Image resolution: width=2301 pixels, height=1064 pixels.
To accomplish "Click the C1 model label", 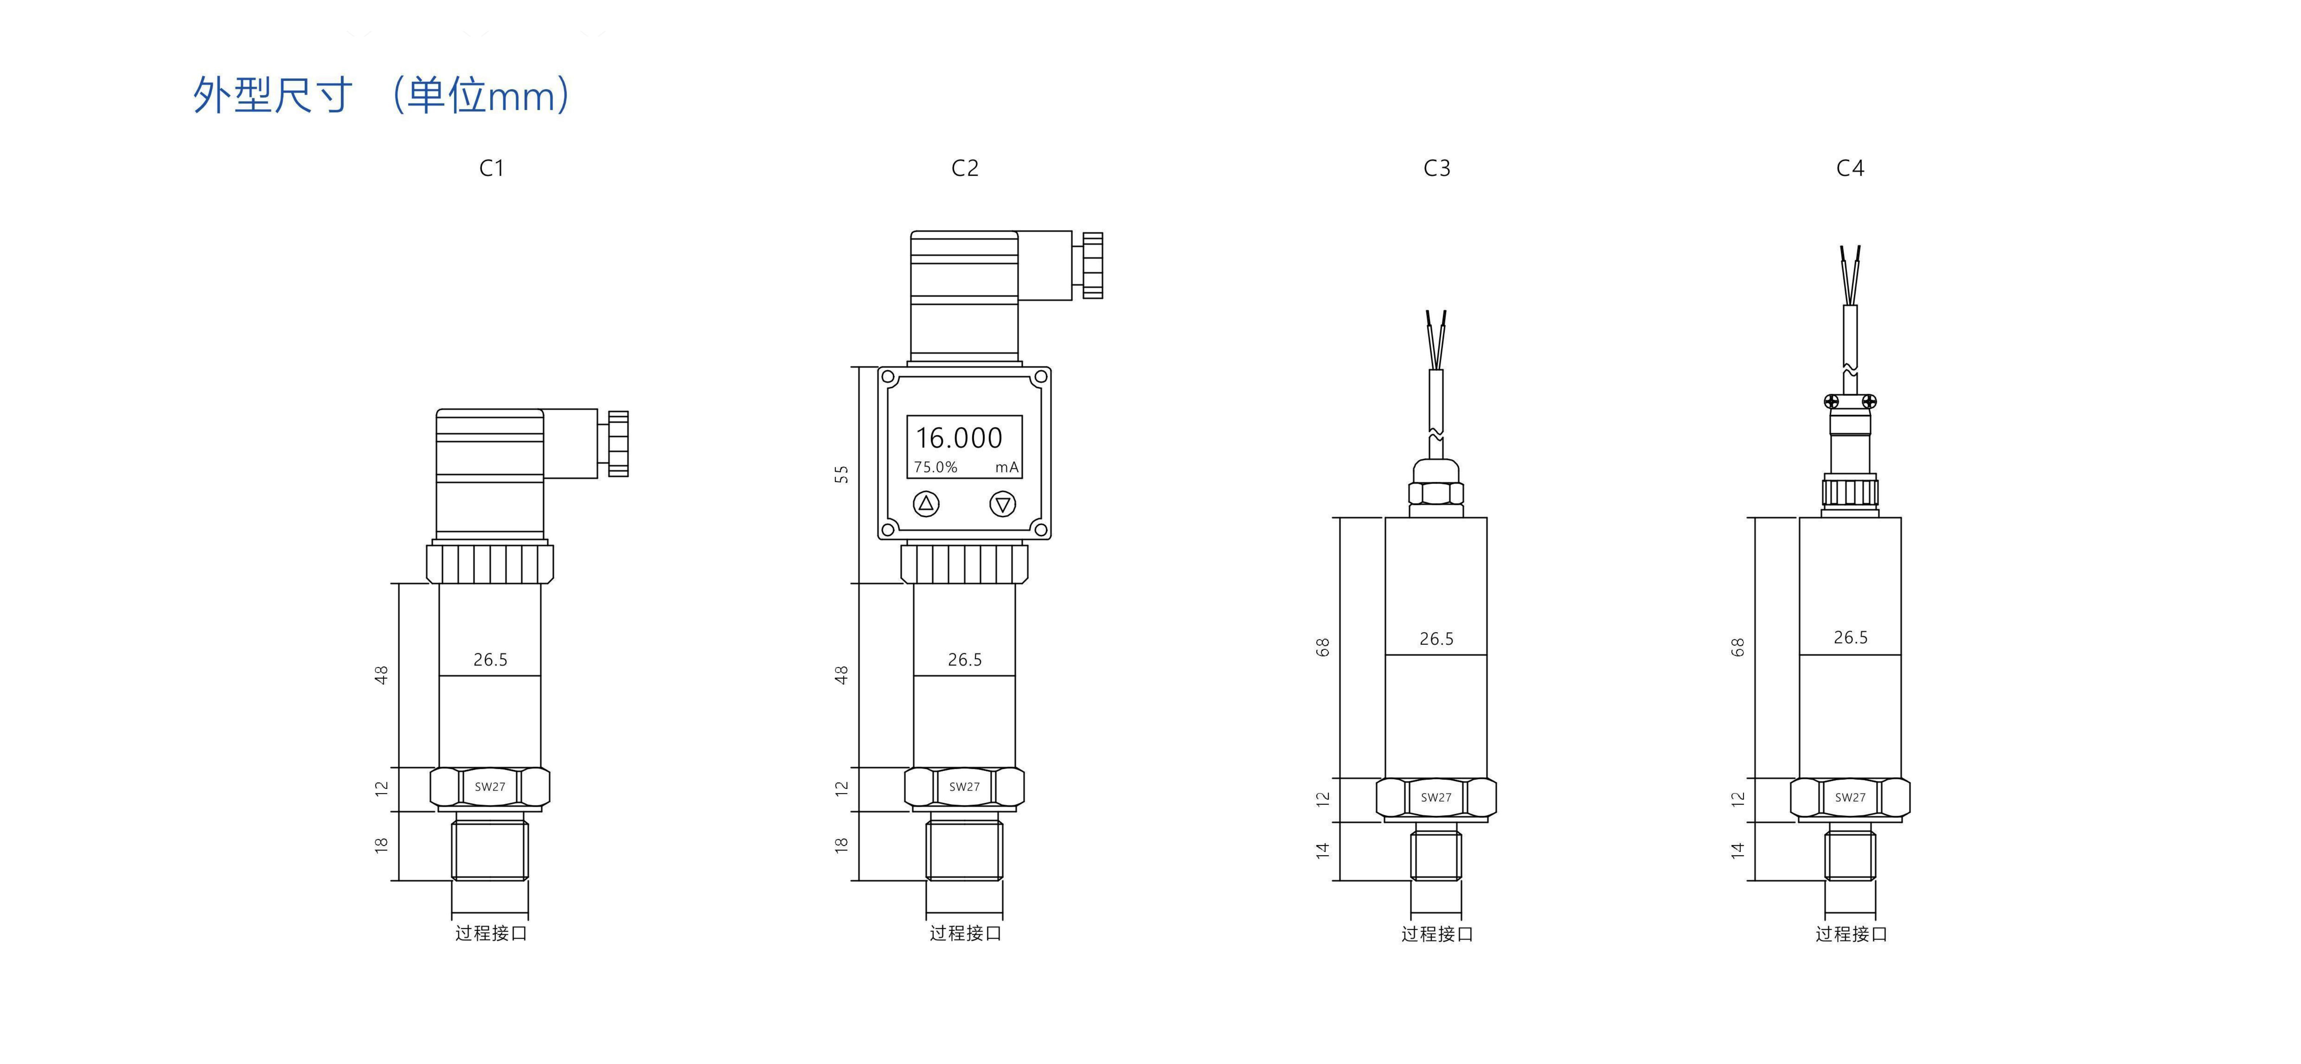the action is point(491,168).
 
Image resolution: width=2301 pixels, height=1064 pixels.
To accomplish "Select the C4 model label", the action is point(1850,168).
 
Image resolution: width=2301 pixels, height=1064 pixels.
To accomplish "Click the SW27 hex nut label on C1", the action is point(490,787).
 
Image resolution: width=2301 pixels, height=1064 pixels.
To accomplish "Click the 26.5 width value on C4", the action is point(1850,637).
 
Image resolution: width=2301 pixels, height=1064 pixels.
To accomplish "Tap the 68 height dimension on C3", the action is point(1323,647).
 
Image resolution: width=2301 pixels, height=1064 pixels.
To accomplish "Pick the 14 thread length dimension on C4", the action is point(1738,851).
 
